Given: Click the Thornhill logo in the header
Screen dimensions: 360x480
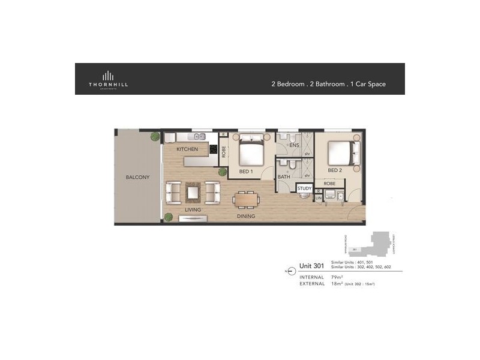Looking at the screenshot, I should (x=108, y=79).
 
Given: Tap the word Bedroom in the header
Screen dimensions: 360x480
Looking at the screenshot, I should (x=298, y=85).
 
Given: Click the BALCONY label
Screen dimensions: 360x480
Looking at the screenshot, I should (x=137, y=178).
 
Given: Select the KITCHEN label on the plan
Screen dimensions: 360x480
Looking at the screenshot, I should (x=187, y=149).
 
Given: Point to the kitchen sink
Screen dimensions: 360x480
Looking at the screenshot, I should (x=198, y=137).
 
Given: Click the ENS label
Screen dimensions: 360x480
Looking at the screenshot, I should (x=294, y=145).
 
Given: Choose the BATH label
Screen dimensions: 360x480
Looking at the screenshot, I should (x=283, y=177).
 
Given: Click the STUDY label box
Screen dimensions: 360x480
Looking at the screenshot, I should (x=305, y=188).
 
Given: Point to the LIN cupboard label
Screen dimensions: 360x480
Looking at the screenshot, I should (x=319, y=197).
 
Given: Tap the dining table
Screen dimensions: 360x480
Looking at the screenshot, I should (x=246, y=198).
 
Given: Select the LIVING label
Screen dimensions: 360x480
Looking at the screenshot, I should (x=193, y=209).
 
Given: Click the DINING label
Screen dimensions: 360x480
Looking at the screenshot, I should (x=245, y=216).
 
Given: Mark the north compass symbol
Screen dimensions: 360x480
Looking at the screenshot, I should (x=290, y=271).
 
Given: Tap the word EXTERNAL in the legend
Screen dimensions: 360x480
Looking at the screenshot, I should (x=311, y=284).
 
